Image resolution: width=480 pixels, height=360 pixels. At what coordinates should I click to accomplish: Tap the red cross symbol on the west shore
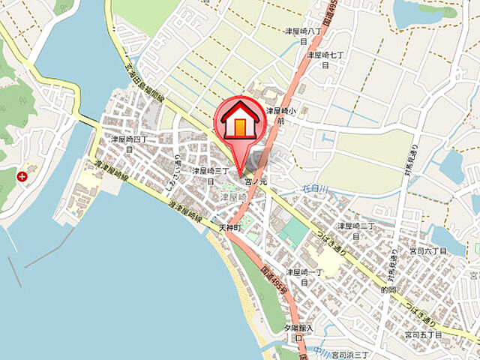(x=22, y=177)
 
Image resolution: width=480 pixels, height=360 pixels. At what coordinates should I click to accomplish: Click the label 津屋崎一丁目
(x=304, y=277)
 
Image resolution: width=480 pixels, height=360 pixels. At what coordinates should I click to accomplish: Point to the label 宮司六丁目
(x=427, y=250)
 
